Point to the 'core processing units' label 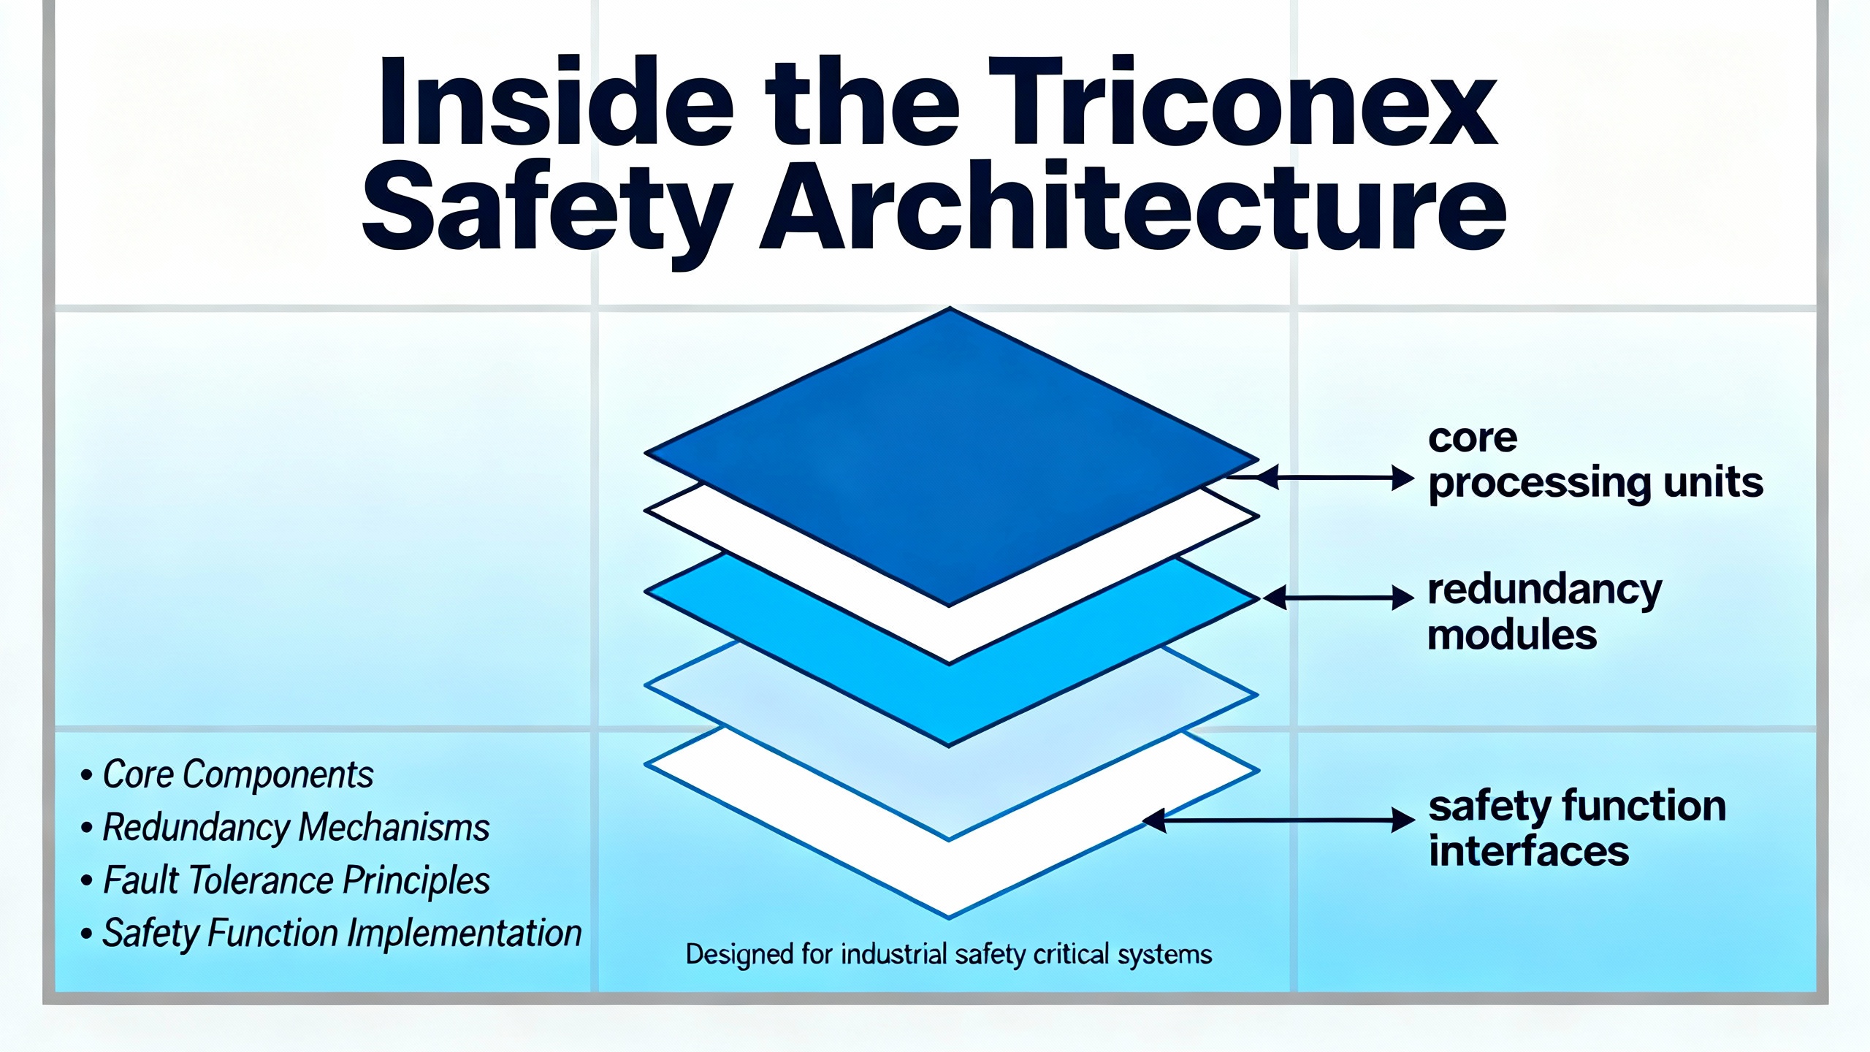[x=1596, y=462]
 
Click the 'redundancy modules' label [x=1544, y=612]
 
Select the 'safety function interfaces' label [x=1577, y=828]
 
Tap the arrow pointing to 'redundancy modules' [x=1338, y=598]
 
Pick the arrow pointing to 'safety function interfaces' [x=1278, y=820]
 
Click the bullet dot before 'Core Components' [x=87, y=775]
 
